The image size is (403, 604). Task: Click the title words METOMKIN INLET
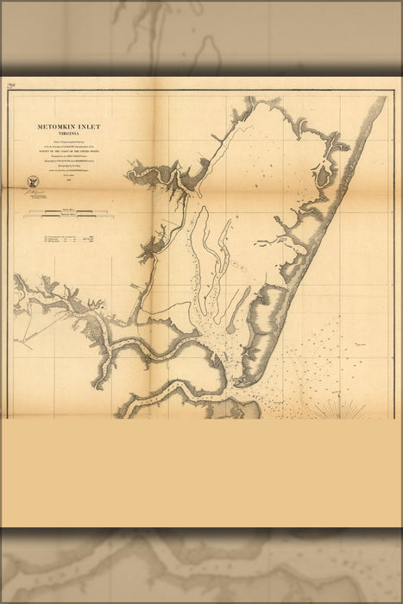pyautogui.click(x=68, y=127)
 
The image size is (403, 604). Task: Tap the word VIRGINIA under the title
pyautogui.click(x=68, y=135)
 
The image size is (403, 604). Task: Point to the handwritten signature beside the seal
pyautogui.click(x=35, y=193)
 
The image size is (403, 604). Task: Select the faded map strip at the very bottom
pyautogui.click(x=201, y=565)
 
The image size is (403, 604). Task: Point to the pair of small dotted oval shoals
pyautogui.click(x=233, y=261)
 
